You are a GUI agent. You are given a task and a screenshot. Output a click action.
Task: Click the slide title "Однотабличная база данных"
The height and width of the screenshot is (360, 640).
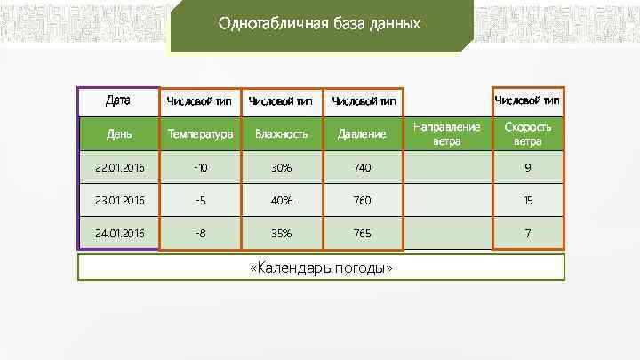pos(319,24)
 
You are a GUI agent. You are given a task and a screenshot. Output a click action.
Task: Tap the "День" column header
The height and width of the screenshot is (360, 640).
pos(119,134)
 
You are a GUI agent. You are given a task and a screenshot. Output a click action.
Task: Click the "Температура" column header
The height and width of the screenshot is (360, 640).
pos(201,134)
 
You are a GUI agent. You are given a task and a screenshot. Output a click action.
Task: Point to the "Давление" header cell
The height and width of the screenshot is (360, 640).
pos(362,134)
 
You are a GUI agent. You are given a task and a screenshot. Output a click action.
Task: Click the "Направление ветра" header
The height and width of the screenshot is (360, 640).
pos(447,133)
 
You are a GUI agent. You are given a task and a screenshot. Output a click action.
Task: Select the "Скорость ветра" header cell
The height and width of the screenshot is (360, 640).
pos(528,133)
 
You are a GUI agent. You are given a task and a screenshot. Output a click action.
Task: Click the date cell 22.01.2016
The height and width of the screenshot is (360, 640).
pos(119,167)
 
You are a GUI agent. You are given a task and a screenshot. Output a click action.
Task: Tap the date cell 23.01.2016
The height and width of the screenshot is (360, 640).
pos(119,201)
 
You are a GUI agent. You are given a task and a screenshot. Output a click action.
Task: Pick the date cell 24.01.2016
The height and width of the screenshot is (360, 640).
pos(119,234)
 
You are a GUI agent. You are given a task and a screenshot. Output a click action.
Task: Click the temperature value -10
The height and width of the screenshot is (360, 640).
pos(201,167)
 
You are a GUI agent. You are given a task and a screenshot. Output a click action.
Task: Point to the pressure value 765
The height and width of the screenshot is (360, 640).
pos(362,234)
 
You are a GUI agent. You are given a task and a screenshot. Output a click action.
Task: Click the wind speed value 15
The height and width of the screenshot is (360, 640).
pos(528,201)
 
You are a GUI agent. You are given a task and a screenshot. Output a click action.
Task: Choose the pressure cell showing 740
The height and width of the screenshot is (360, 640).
pos(362,167)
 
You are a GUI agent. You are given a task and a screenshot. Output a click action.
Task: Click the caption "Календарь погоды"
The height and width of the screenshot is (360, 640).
pos(320,268)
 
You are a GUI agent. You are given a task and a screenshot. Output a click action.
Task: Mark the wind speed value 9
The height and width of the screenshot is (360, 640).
pos(528,167)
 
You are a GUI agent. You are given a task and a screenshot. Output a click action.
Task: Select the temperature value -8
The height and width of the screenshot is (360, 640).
pos(201,234)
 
